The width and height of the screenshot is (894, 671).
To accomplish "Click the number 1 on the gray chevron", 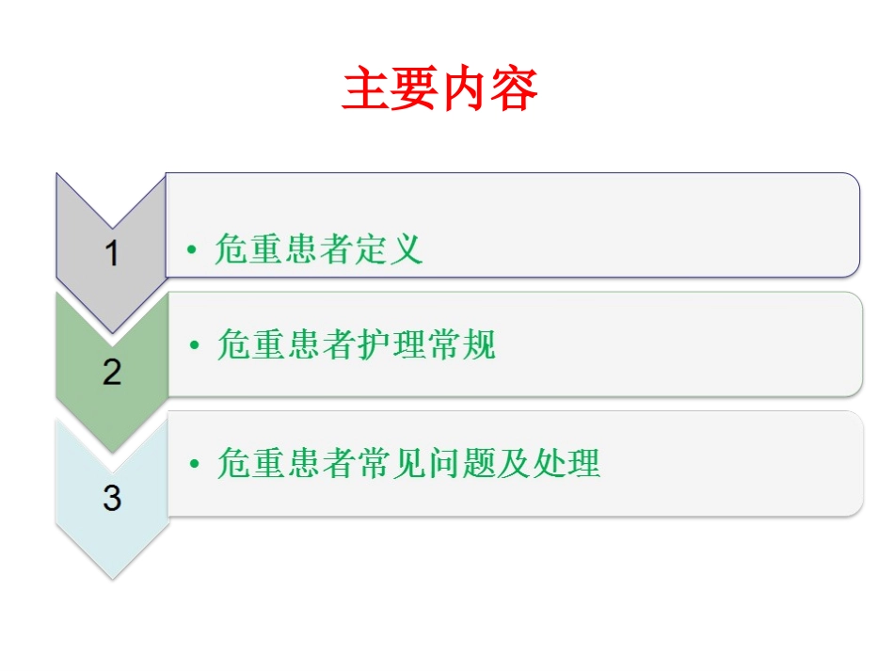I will tap(112, 253).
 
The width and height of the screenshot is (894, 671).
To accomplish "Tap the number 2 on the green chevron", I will tap(112, 373).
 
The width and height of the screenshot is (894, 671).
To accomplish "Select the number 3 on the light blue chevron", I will tap(112, 498).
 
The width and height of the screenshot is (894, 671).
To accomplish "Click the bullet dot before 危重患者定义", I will tap(191, 250).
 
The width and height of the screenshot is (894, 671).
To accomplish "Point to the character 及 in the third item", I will tap(515, 464).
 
